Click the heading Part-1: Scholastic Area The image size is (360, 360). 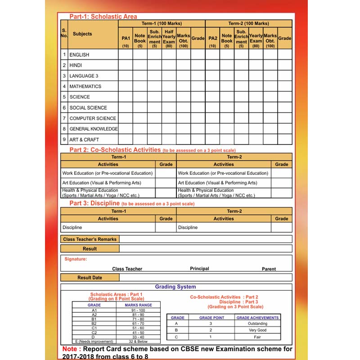pos(103,17)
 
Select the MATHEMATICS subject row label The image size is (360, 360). pos(85,86)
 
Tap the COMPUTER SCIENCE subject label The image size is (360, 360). pos(93,118)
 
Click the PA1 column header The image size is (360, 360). pos(126,39)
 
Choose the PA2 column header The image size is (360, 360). pos(212,39)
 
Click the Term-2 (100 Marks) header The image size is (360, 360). pos(248,23)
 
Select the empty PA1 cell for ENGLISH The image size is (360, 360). pos(126,54)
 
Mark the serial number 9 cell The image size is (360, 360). pos(64,139)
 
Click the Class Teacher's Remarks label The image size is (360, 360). pos(90,239)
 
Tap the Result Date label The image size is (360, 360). pos(90,278)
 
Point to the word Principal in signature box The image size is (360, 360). pos(199,269)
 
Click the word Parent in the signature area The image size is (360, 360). pos(269,269)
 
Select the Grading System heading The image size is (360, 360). pos(175,287)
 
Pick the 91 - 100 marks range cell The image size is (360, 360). pos(138,310)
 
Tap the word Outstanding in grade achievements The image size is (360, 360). pos(257,324)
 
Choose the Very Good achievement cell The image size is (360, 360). pos(257,330)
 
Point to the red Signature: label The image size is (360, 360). pos(76,259)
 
